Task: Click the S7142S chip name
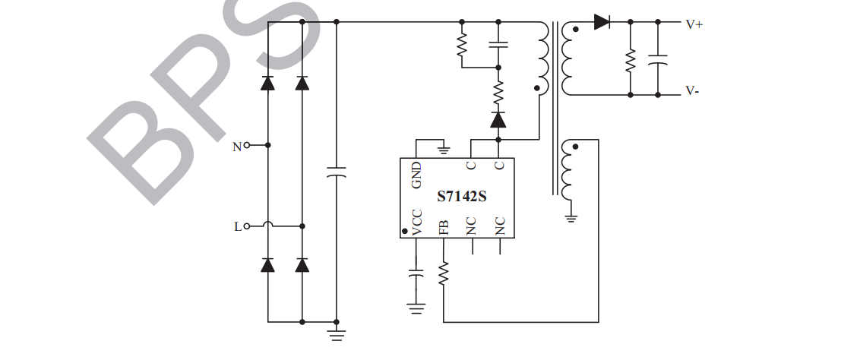click(x=461, y=196)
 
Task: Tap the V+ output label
click(x=694, y=24)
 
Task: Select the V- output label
click(x=692, y=90)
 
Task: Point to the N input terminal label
click(x=237, y=146)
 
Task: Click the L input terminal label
click(x=238, y=226)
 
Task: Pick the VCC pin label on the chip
click(x=416, y=222)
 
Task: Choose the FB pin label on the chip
click(x=444, y=226)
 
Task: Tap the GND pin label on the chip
click(x=416, y=175)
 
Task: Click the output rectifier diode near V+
click(x=602, y=23)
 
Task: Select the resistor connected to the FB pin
click(x=444, y=273)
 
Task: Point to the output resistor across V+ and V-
click(x=630, y=60)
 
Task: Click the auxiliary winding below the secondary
click(x=566, y=171)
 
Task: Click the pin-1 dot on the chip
click(x=404, y=231)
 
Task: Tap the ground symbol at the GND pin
click(x=444, y=150)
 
